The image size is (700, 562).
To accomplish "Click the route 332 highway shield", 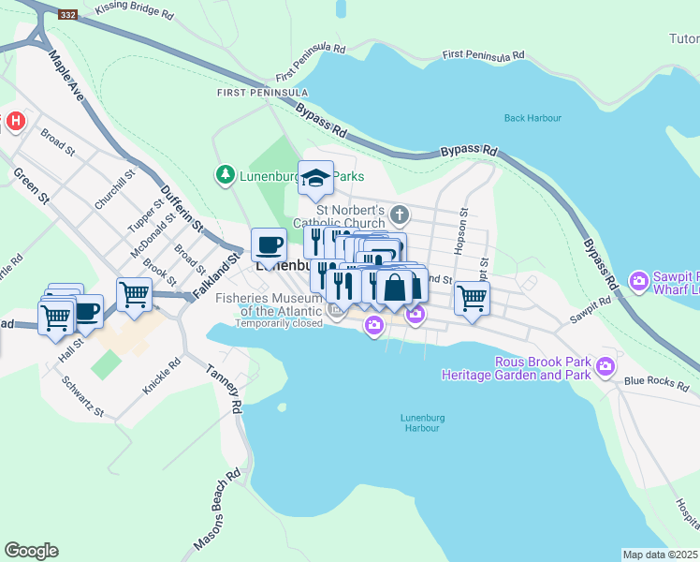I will [x=67, y=15].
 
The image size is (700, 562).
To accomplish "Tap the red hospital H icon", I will [x=15, y=121].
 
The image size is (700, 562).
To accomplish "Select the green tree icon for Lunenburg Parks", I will [x=225, y=174].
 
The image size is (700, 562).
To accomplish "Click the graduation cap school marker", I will [x=316, y=178].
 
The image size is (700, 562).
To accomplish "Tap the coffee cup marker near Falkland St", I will [x=269, y=245].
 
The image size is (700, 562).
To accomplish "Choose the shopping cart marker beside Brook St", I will [x=135, y=294].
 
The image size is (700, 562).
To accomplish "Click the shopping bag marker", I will [x=395, y=287].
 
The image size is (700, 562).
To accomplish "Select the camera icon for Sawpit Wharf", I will [x=639, y=280].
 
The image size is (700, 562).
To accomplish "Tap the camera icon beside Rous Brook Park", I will [x=606, y=364].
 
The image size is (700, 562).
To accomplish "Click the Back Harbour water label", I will [x=532, y=118].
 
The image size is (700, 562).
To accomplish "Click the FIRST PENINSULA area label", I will [x=262, y=93].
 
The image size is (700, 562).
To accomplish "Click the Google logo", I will [x=31, y=551].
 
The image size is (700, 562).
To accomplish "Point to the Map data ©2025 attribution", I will [x=660, y=555].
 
